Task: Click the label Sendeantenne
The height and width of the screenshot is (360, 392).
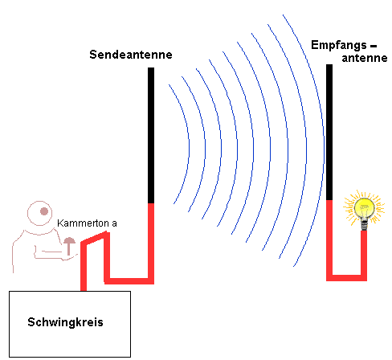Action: (x=131, y=55)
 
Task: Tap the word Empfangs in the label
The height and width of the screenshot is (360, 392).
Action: (x=339, y=45)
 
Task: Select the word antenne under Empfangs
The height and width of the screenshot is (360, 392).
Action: (x=365, y=58)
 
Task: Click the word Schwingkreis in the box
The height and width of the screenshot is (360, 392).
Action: (x=65, y=322)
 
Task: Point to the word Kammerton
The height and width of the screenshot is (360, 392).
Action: (x=83, y=223)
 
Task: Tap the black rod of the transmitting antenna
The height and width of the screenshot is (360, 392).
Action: (x=151, y=135)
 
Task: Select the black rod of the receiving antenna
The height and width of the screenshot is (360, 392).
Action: (x=329, y=132)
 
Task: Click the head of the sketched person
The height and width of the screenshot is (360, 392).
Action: (x=39, y=214)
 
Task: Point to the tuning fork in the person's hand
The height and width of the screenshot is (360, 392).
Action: (x=69, y=246)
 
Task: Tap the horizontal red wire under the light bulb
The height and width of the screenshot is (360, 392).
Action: (x=346, y=278)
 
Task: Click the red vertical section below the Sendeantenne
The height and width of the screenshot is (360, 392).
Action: (x=151, y=243)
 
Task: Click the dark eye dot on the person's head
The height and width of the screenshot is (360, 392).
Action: (x=44, y=211)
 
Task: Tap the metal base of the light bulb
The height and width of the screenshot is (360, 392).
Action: (x=364, y=225)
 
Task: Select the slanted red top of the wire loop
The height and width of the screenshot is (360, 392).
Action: (x=95, y=238)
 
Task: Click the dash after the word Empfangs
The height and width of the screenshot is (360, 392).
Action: (x=374, y=46)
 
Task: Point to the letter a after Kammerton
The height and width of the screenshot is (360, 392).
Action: (x=114, y=223)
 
